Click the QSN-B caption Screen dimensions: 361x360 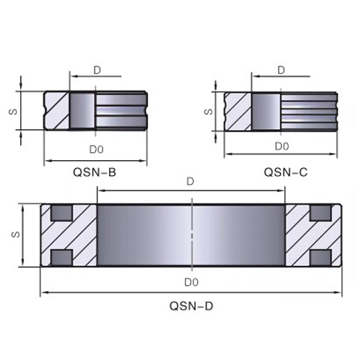(95, 172)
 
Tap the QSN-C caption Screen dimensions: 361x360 (286, 172)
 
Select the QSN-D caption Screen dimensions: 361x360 (191, 306)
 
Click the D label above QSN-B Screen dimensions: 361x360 (97, 71)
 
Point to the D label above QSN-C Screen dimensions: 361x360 (281, 70)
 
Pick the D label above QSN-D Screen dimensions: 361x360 (190, 182)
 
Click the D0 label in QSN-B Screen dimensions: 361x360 (96, 149)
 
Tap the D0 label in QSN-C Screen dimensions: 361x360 (282, 146)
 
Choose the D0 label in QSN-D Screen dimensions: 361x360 (191, 282)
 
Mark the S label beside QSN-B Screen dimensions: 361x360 (13, 112)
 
